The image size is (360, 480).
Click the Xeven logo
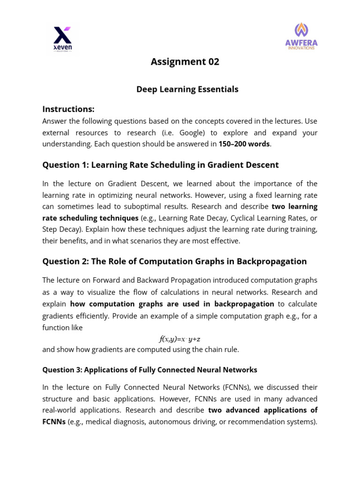pos(63,39)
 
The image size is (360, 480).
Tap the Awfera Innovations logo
pos(301,37)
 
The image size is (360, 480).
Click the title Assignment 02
pos(185,62)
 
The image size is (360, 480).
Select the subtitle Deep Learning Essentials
pos(187,89)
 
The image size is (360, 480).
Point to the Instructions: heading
pos(68,109)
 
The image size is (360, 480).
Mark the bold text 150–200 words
pos(244,144)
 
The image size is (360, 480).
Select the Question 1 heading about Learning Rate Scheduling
pos(160,165)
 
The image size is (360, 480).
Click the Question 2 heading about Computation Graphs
pos(174,262)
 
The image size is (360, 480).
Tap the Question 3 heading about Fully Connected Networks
pos(150,370)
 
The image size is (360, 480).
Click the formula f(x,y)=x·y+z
pos(180,339)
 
